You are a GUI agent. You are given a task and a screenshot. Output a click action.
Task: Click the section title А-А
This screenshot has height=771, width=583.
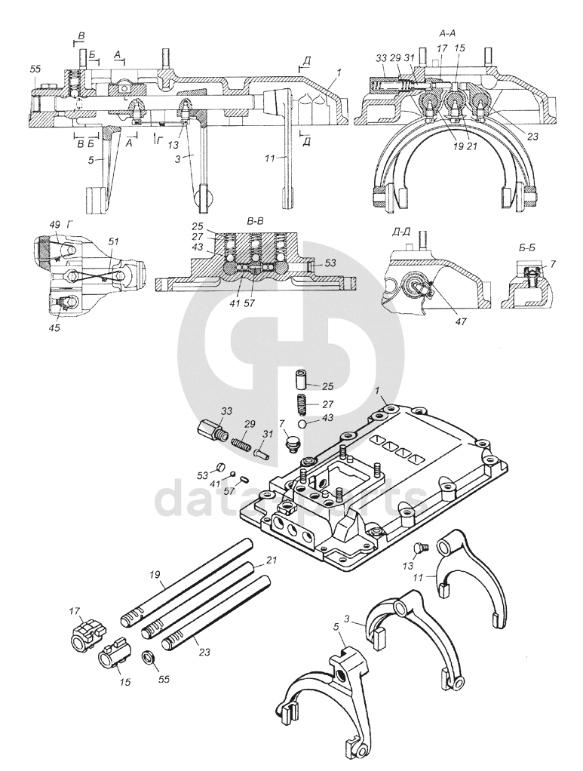point(448,35)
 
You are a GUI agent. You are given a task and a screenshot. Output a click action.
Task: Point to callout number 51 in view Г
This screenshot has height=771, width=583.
point(114,241)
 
